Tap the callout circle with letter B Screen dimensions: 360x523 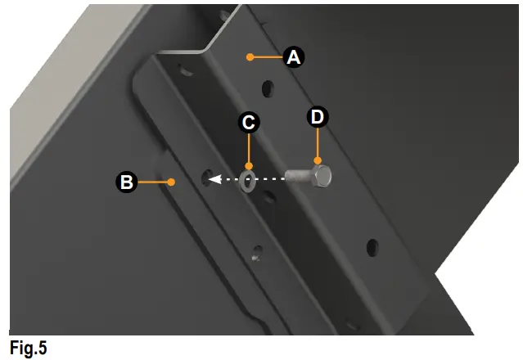point(126,182)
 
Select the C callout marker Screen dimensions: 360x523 point(249,123)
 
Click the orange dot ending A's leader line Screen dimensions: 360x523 point(248,56)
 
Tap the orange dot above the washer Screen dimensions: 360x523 point(249,165)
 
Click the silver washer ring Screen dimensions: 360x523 point(247,180)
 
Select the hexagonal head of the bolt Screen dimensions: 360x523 point(322,175)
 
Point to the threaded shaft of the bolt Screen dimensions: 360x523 point(298,176)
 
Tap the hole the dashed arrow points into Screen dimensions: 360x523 point(206,176)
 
